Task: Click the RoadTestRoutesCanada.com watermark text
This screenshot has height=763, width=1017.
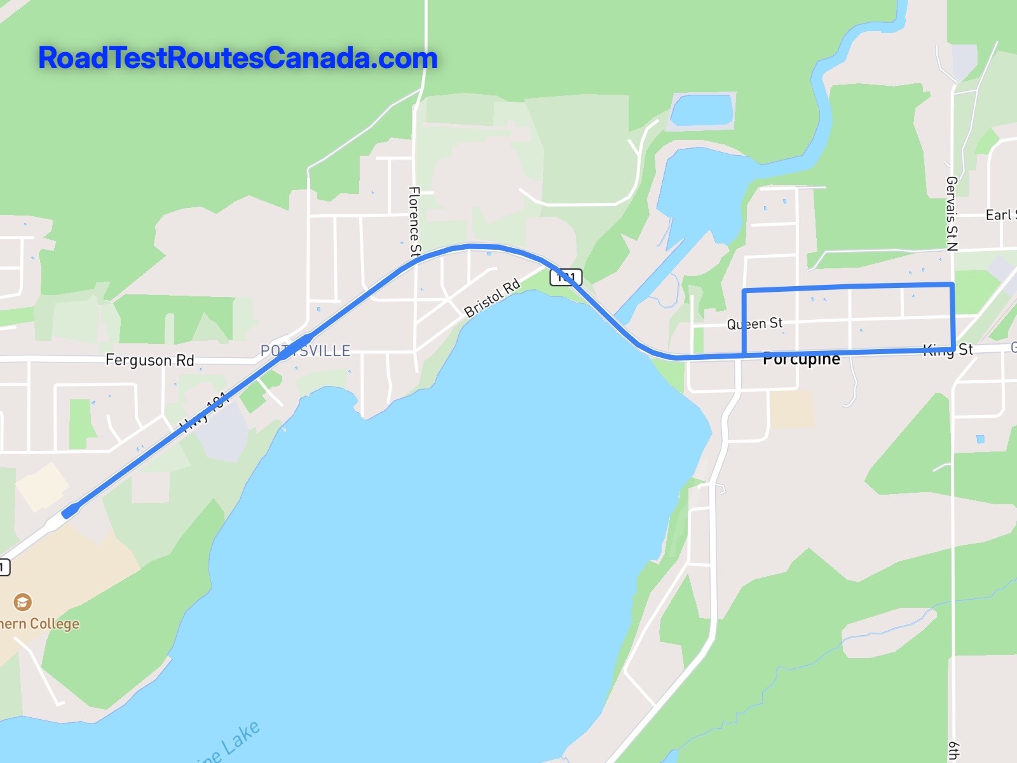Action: point(238,58)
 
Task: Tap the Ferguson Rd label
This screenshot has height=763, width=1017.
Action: point(149,360)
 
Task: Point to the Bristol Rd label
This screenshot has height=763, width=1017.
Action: point(492,298)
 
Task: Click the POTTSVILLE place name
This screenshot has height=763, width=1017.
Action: point(305,350)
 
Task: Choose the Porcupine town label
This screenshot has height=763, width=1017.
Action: point(801,359)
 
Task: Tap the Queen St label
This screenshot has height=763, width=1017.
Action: point(754,324)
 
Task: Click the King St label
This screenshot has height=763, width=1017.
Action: point(948,350)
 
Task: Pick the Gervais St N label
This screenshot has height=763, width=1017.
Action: point(952,214)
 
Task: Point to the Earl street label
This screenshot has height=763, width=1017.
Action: point(1000,215)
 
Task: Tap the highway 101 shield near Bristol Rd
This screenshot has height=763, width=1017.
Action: point(565,277)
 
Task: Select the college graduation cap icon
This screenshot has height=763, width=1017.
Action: point(23,601)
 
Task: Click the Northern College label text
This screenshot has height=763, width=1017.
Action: point(39,624)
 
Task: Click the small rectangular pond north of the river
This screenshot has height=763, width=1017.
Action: point(702,110)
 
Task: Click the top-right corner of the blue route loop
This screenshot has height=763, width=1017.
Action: point(952,284)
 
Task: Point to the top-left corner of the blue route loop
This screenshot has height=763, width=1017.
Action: point(744,291)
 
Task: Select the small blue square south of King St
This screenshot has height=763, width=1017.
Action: point(980,439)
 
